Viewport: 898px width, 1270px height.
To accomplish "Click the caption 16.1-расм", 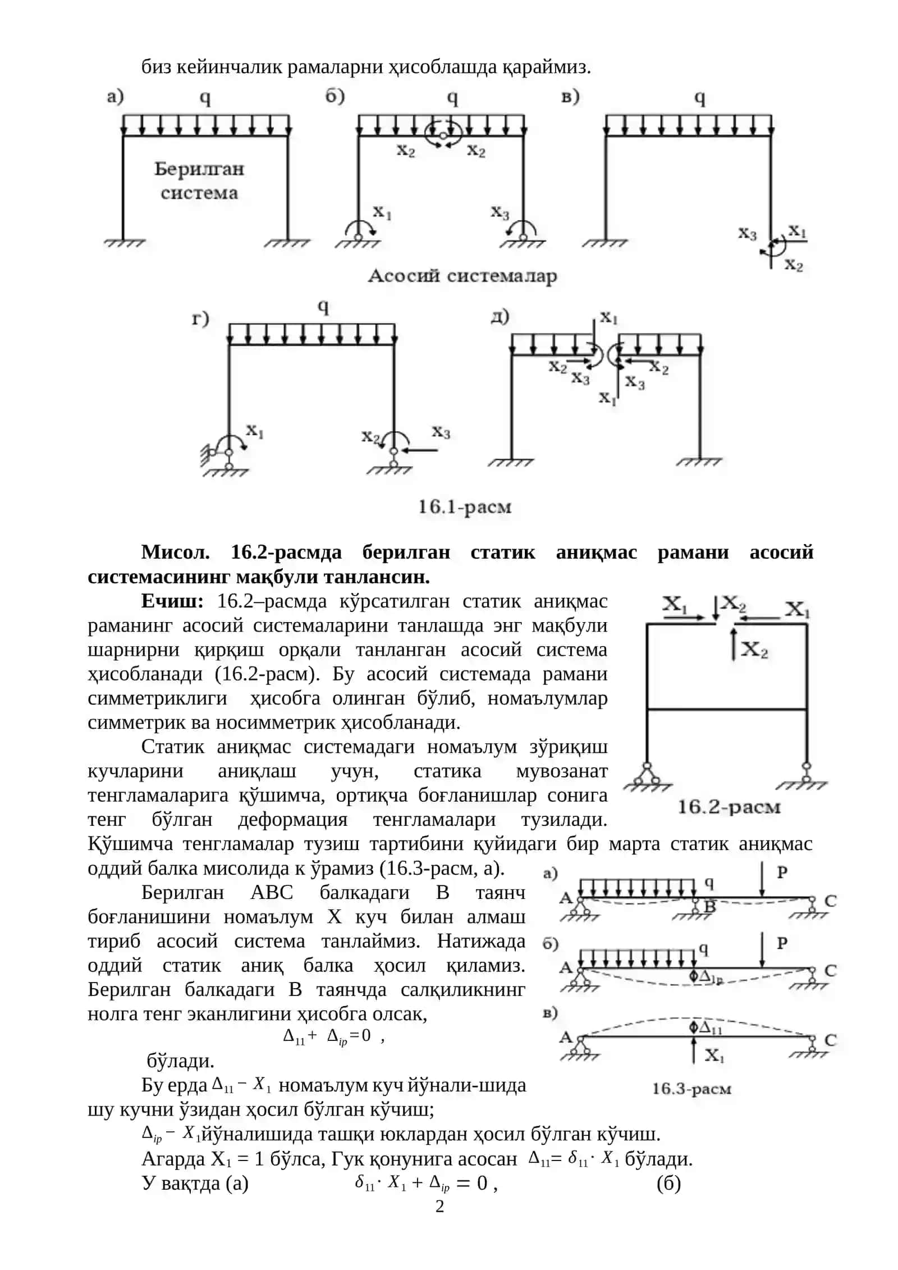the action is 465,507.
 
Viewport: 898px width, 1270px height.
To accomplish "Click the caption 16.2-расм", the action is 729,807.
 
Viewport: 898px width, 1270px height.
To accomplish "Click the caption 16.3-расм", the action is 691,1089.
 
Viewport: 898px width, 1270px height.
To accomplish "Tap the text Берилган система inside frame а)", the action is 199,180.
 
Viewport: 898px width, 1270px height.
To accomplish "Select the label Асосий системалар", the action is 462,276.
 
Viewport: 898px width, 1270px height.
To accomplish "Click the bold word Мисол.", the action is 175,552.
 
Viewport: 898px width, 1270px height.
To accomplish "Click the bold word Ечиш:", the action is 172,601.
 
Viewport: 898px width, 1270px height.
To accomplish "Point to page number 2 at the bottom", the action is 439,1206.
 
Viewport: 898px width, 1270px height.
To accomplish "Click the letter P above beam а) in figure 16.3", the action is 782,872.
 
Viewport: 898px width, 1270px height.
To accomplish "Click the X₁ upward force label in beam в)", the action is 714,1056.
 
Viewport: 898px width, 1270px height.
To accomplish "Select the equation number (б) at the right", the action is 668,1183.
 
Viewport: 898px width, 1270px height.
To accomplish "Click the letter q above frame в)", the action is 700,98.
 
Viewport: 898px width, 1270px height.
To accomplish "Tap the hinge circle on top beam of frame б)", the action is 443,135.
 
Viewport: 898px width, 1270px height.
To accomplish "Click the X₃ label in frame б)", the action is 500,212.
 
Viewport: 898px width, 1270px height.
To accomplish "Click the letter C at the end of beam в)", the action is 831,1040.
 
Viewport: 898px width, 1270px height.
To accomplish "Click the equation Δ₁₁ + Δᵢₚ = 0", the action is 327,1036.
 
